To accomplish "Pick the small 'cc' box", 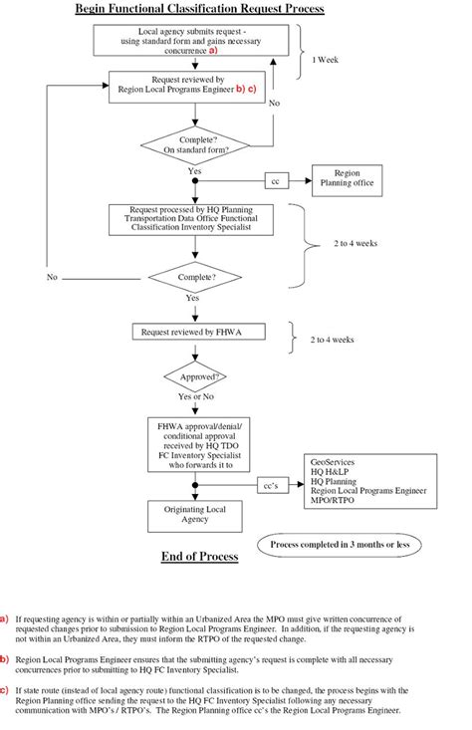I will (276, 181).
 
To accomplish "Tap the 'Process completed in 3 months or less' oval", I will (340, 546).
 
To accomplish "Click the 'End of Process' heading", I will (199, 557).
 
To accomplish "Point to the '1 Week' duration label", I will (328, 59).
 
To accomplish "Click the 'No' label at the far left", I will (52, 277).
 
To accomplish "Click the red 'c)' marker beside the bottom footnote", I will (5, 688).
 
